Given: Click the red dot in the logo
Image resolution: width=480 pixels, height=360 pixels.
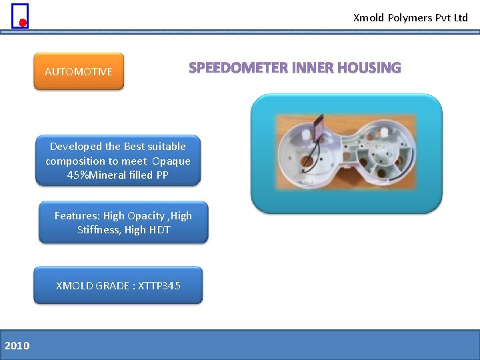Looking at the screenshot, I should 22,23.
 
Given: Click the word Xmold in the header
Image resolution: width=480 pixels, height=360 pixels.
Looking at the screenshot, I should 368,18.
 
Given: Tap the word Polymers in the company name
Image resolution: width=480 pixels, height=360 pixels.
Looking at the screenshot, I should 409,18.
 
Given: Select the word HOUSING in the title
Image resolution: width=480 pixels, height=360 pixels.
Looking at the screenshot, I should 369,68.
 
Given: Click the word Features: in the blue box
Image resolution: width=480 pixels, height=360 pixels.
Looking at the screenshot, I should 77,216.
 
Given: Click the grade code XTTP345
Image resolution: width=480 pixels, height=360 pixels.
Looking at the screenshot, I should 159,286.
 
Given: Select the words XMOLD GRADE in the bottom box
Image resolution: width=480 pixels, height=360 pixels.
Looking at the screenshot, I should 93,286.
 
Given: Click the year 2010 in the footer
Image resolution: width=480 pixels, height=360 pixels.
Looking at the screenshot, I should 17,345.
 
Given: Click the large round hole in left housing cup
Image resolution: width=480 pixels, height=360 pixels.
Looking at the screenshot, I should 307,161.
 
